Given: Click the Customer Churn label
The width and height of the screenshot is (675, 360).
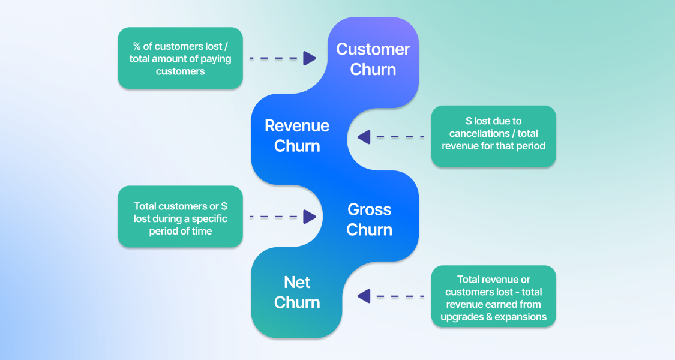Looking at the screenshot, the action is click(x=373, y=59).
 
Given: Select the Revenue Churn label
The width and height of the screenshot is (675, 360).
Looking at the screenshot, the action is click(x=297, y=136).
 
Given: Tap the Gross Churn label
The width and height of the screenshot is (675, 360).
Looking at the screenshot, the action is click(x=370, y=220).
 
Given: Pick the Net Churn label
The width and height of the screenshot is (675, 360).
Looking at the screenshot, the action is click(x=297, y=292).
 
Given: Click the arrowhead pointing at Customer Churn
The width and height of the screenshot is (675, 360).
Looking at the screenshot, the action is click(x=310, y=58).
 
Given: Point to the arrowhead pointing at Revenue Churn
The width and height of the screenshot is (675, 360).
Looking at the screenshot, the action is click(x=364, y=137).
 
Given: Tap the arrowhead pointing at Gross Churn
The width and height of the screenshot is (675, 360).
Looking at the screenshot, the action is click(x=310, y=217).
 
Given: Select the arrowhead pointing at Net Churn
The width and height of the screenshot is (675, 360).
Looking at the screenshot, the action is click(x=364, y=296).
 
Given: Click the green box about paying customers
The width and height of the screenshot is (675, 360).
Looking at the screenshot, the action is click(x=181, y=58).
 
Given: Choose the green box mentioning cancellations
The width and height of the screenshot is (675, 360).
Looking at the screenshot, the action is click(x=494, y=136).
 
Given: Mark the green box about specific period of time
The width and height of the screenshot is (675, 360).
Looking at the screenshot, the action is click(x=181, y=217).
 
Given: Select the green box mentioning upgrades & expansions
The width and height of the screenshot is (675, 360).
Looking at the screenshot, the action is click(x=494, y=296).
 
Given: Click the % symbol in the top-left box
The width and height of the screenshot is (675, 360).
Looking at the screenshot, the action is click(x=137, y=46).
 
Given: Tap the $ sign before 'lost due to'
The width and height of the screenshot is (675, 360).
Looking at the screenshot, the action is click(x=469, y=121).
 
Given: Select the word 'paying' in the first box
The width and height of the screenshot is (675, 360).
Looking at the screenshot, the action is click(x=215, y=59).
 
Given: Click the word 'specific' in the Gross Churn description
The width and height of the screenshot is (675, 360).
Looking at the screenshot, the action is click(x=209, y=219).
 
